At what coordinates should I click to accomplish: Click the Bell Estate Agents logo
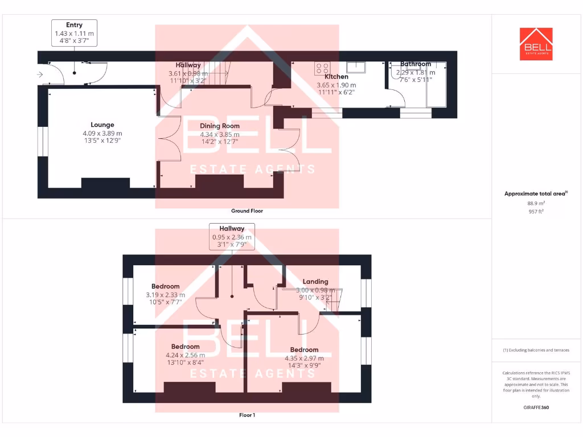[536, 44]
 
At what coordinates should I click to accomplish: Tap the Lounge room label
[102, 125]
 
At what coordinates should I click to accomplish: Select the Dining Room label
[220, 126]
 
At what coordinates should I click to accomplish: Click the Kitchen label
[336, 76]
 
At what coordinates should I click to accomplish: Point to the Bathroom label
[416, 64]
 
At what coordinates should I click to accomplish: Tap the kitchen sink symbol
[358, 67]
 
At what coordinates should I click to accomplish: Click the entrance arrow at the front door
[40, 75]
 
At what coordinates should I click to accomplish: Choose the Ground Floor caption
[247, 211]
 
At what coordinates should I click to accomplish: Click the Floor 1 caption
[247, 415]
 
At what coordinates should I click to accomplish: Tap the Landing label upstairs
[315, 281]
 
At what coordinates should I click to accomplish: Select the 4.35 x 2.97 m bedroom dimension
[304, 358]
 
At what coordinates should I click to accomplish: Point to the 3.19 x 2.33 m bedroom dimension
[166, 295]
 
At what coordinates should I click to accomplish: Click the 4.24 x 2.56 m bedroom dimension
[186, 355]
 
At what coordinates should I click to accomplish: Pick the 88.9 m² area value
[536, 203]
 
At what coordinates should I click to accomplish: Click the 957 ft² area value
[536, 211]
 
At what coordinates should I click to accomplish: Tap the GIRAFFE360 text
[536, 407]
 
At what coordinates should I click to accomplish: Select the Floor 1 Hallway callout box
[232, 236]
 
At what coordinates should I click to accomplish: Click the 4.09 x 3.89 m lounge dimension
[102, 133]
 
